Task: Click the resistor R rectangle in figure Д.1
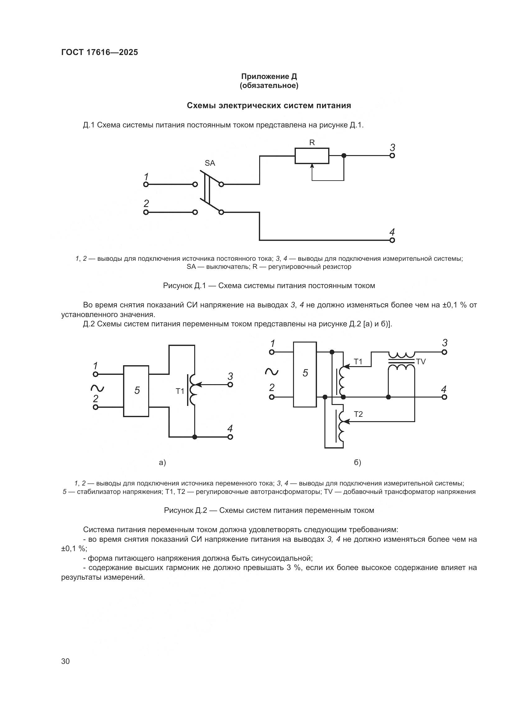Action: [x=312, y=156]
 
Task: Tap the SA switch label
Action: [x=210, y=163]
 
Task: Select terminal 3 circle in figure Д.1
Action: [x=392, y=156]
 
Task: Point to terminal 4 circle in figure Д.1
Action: [x=392, y=240]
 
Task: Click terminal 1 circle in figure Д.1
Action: [x=146, y=184]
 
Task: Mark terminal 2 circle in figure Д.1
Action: [x=146, y=212]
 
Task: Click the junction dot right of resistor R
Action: [x=344, y=156]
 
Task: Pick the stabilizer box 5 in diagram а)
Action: [x=136, y=391]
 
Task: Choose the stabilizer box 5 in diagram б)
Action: [x=305, y=374]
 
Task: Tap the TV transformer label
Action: [x=421, y=361]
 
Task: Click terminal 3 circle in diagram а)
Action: [x=230, y=385]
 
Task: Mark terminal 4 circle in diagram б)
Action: [x=444, y=397]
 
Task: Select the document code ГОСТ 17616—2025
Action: [x=100, y=53]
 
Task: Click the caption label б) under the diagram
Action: [x=357, y=462]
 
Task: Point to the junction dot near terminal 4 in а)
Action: [x=195, y=437]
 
